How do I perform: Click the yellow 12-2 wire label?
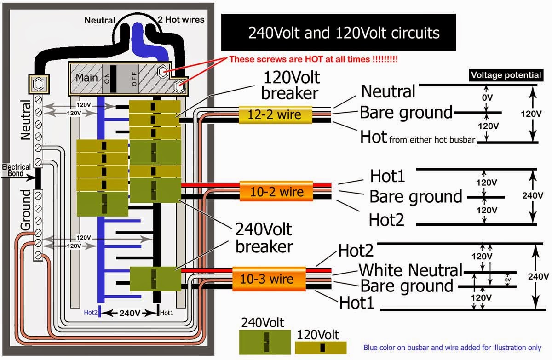tap(275, 114)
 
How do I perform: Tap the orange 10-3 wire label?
tap(269, 279)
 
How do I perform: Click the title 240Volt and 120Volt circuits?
tap(338, 33)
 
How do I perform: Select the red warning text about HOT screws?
tap(313, 59)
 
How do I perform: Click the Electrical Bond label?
tap(16, 170)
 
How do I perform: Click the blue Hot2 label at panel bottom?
tap(90, 313)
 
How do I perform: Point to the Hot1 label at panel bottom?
tap(167, 313)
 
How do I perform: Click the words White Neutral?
tap(410, 270)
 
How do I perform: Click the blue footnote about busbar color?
tap(452, 348)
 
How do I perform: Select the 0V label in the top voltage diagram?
tap(488, 98)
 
